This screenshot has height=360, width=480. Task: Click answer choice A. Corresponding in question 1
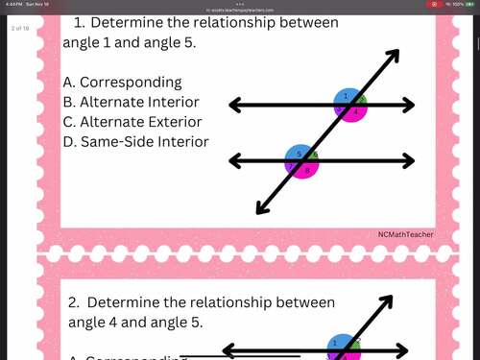[122, 83]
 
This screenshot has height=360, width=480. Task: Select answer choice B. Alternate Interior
[131, 102]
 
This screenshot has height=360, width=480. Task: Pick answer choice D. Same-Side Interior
[135, 141]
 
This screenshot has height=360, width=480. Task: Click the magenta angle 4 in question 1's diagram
[353, 111]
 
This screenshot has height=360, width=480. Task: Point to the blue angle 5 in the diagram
[299, 154]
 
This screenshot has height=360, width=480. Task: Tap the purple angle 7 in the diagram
[290, 166]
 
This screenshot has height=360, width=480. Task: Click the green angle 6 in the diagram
[313, 156]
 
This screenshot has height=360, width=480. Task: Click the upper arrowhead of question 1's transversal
[394, 54]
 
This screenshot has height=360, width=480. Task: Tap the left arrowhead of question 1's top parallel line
[232, 105]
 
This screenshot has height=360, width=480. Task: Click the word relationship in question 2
[218, 302]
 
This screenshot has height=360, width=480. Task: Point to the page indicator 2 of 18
[20, 29]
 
